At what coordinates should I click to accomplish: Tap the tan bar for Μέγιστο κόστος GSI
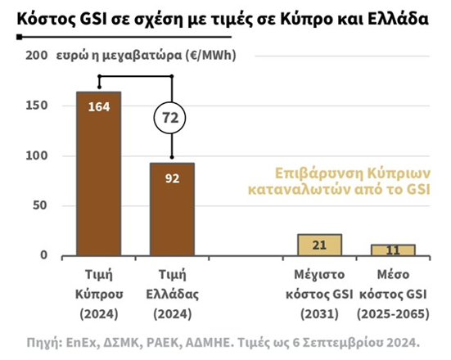(319, 245)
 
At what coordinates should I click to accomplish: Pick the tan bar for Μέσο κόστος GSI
(393, 250)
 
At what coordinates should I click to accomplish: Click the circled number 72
(172, 119)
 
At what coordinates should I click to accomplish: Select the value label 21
(319, 245)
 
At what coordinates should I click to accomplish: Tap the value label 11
(393, 250)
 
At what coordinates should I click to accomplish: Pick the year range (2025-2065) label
(393, 314)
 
